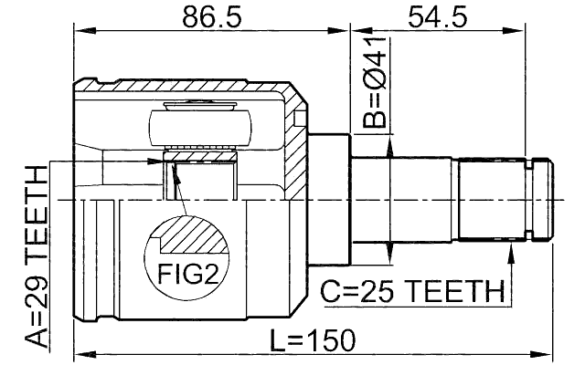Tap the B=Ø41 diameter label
[x=375, y=82]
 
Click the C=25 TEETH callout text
[x=412, y=293]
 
